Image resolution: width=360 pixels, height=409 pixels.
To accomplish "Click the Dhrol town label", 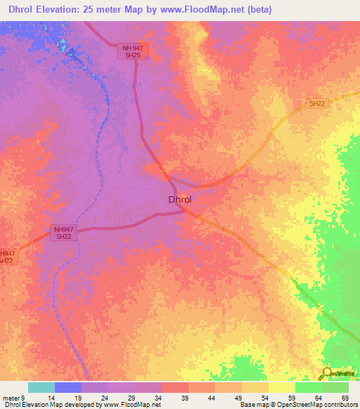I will point(180,200).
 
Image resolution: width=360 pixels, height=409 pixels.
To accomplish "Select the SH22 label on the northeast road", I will point(317,104).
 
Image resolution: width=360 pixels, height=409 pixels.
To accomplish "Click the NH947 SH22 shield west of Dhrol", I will point(63,233).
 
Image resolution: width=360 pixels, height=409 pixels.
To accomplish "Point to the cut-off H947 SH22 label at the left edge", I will point(6,257).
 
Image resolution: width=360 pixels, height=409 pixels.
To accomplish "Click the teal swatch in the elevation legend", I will point(41,387).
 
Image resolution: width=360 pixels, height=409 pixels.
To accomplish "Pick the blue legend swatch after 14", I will point(68,387).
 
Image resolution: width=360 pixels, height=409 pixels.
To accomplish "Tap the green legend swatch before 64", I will point(309,387).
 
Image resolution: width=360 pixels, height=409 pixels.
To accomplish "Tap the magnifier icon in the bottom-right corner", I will point(328,373).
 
